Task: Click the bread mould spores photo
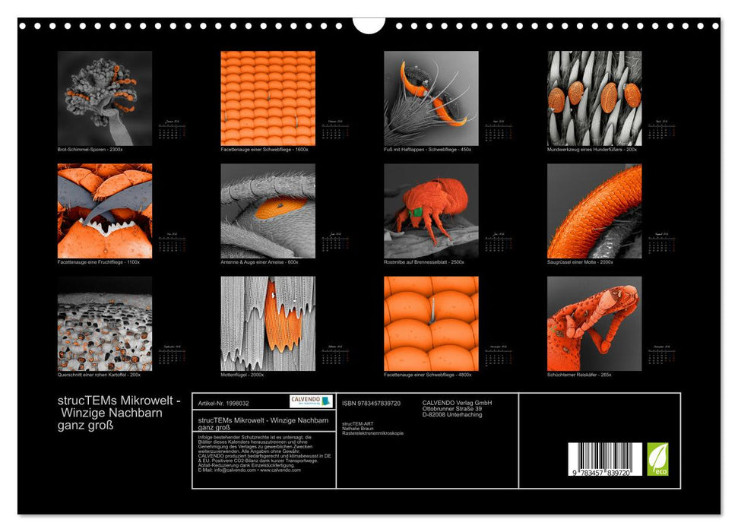coord(105,98)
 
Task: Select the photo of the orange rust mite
coord(431,211)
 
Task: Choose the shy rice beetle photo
coord(594,323)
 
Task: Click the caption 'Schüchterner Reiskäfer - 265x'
coord(579,374)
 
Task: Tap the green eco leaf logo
coord(657,459)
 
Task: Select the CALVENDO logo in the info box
coord(311,401)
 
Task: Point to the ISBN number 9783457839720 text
coord(372,403)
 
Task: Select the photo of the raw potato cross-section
coord(105,323)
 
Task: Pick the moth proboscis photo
coord(594,211)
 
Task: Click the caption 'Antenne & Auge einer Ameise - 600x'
coord(259,261)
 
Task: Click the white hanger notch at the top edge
coord(369,24)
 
